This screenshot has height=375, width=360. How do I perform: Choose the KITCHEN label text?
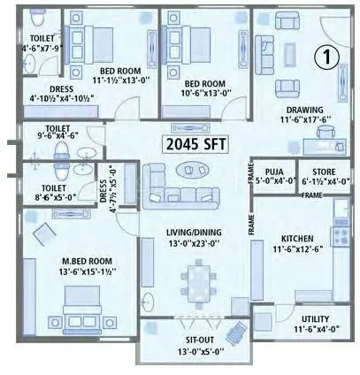pos(299,239)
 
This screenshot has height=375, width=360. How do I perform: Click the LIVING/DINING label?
pos(195,233)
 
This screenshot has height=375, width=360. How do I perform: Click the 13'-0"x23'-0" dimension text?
pos(195,244)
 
